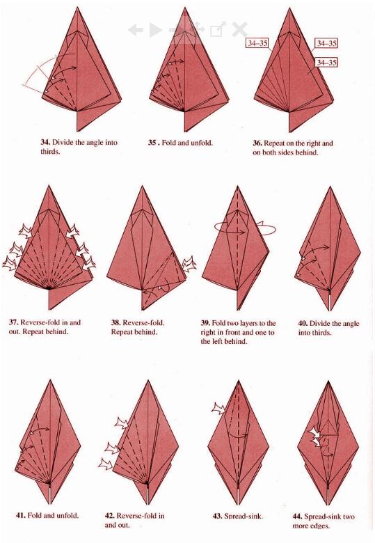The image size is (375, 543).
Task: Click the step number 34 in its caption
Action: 45,142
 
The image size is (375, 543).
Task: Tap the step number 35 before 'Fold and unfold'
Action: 152,142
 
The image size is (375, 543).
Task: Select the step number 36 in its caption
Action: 257,143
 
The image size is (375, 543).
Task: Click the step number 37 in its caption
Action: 13,322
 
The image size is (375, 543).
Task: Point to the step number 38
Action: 115,323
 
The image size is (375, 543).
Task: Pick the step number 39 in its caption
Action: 205,323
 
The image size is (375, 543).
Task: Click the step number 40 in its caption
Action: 303,324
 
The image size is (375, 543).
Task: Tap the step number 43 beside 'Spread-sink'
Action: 217,516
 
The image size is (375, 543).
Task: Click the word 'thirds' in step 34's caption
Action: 50,152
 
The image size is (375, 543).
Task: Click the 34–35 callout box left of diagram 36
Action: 257,43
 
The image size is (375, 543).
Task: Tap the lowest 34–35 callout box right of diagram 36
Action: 326,63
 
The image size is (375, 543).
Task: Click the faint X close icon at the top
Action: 239,29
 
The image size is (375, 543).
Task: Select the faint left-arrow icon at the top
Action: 135,30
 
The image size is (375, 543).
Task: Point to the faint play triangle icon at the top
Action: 155,30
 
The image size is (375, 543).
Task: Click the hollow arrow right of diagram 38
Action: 189,264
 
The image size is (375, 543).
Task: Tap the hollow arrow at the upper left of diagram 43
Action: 218,409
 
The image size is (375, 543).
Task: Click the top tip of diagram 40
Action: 330,187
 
